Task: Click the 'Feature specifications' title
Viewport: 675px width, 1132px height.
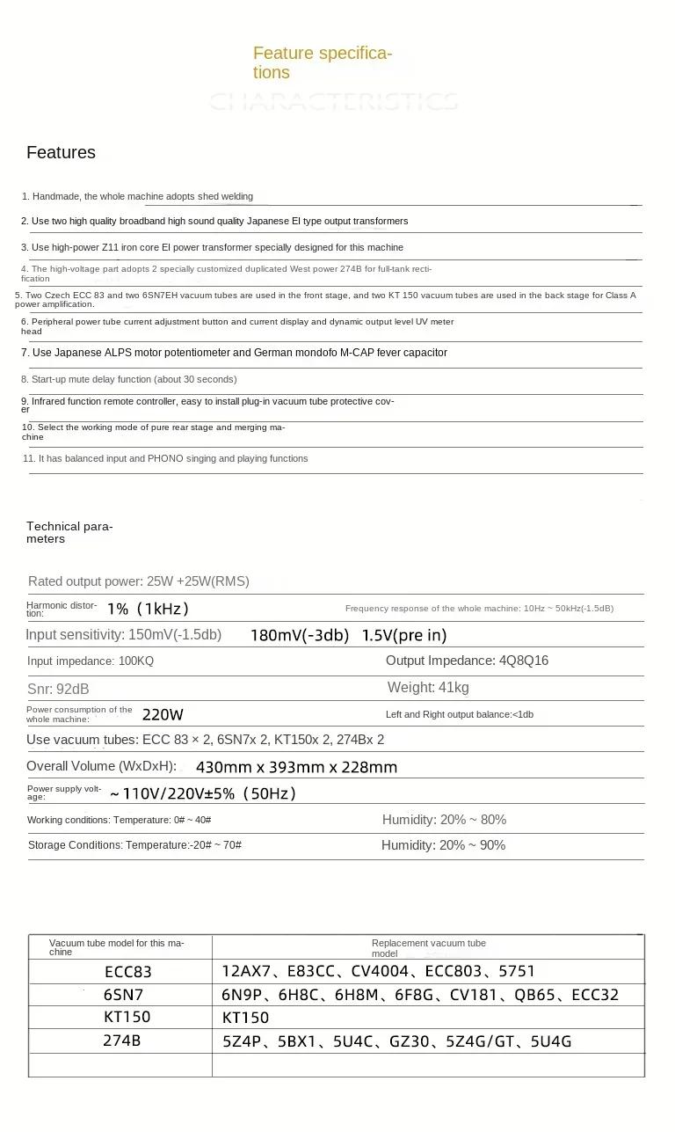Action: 322,62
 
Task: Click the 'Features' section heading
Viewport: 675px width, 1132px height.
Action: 61,152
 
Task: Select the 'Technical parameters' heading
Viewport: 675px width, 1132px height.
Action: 69,532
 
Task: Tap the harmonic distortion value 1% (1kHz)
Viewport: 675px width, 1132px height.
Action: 148,609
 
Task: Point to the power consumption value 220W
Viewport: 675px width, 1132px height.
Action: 163,714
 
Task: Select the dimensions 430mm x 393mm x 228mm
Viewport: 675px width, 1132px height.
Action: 296,767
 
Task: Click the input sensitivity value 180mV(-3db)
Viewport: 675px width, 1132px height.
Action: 299,635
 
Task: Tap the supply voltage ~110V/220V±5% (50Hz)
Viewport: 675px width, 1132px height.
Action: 202,793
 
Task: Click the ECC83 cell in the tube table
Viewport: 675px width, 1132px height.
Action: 128,972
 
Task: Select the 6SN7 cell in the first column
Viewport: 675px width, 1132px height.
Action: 123,995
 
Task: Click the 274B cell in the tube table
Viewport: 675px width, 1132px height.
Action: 121,1041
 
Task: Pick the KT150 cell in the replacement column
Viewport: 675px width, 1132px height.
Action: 245,1018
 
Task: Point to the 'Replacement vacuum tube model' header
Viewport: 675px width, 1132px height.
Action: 428,947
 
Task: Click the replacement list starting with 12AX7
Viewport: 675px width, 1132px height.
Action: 378,972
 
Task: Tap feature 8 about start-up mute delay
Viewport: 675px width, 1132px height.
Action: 129,379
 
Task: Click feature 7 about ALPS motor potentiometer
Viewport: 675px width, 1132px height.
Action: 234,353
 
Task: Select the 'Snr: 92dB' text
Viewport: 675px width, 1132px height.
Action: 58,689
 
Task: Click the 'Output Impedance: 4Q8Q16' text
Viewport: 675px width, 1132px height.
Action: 467,661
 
